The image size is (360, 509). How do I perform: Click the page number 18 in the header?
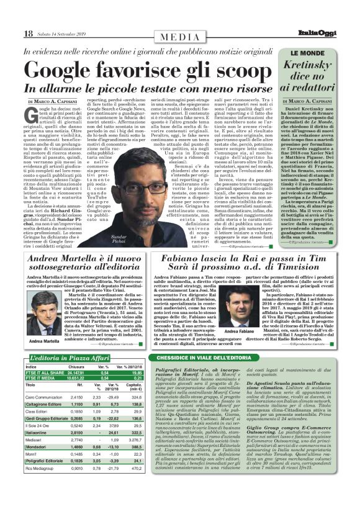[x=29, y=34]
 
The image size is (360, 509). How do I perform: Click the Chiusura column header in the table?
[x=76, y=367]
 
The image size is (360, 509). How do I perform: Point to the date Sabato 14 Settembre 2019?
[x=63, y=34]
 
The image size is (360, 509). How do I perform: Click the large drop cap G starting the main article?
[x=34, y=114]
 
